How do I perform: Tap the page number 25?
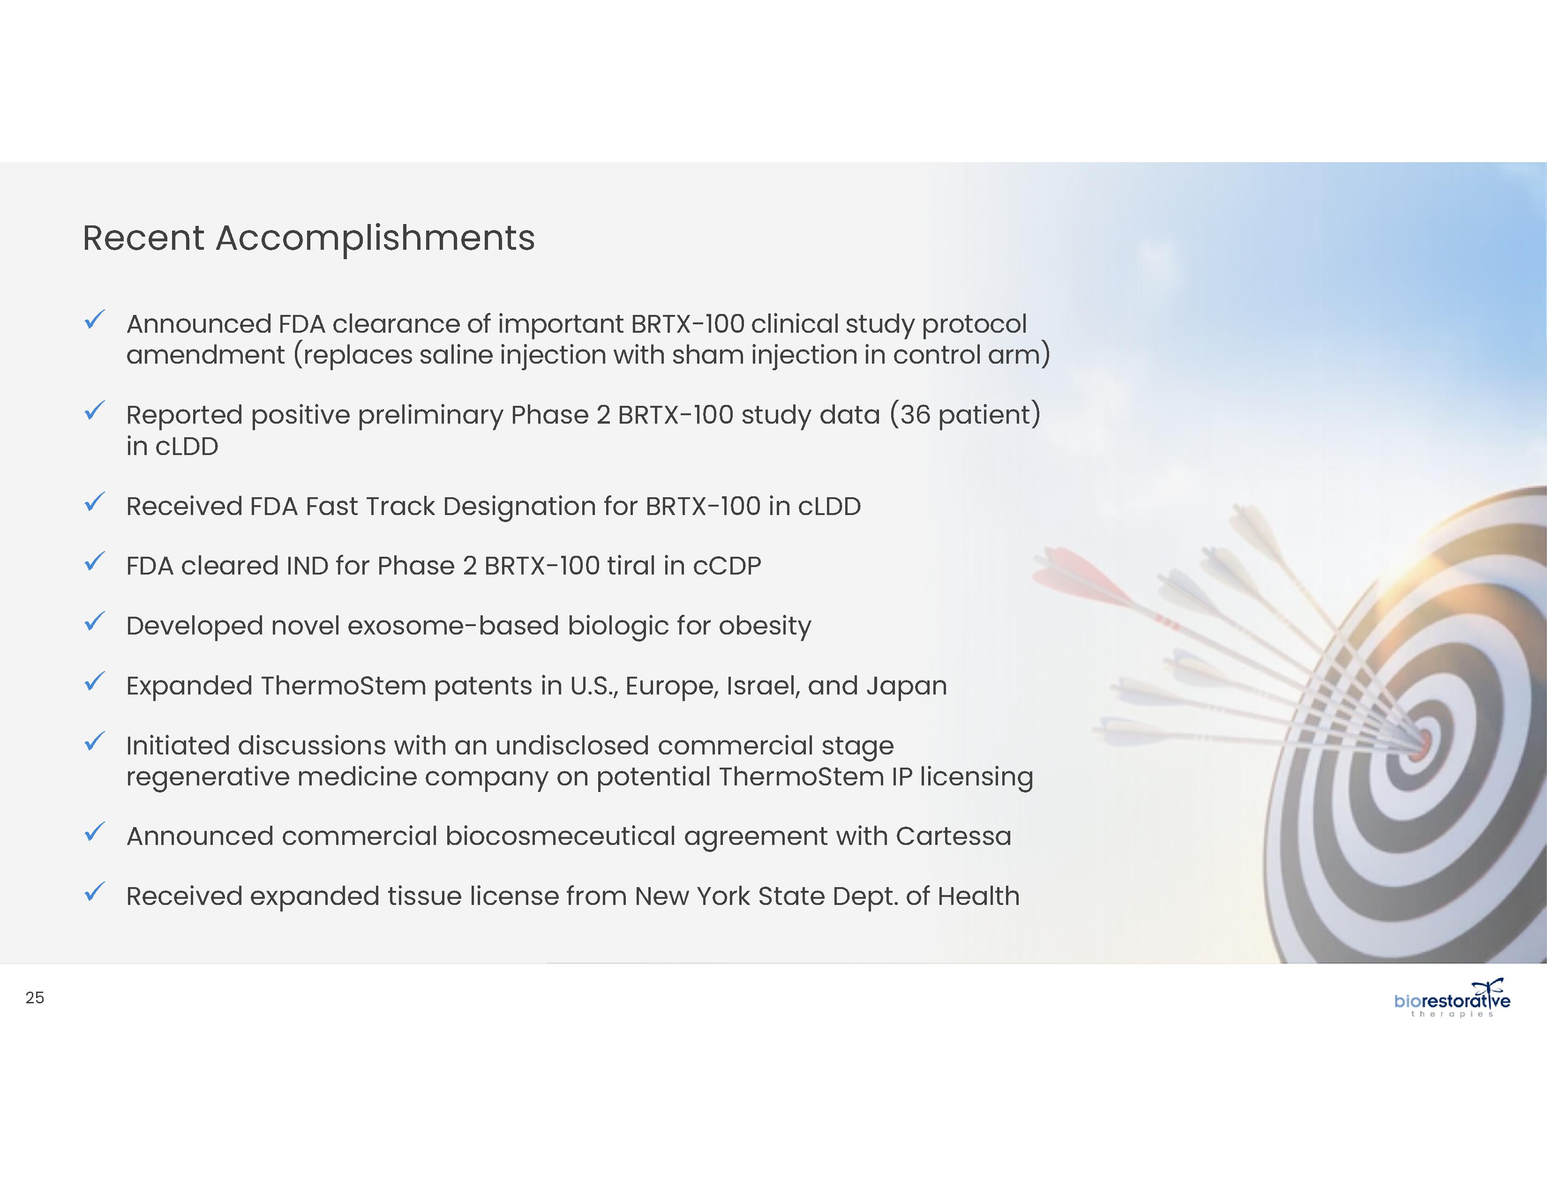pos(35,998)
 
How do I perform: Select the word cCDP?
pos(727,567)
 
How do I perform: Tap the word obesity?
pos(765,627)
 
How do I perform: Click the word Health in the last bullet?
pos(978,896)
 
